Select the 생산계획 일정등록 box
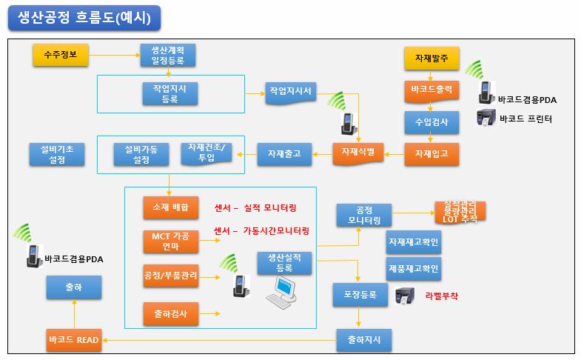pos(169,56)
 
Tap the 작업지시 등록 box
pos(169,93)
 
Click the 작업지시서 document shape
pos(290,93)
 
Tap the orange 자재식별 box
pos(358,152)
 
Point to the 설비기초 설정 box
pos(57,154)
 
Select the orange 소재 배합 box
pos(170,207)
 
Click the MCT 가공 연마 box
pos(170,241)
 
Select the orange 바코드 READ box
pos(73,340)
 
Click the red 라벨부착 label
pos(442,296)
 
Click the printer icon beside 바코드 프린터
pos(485,118)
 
